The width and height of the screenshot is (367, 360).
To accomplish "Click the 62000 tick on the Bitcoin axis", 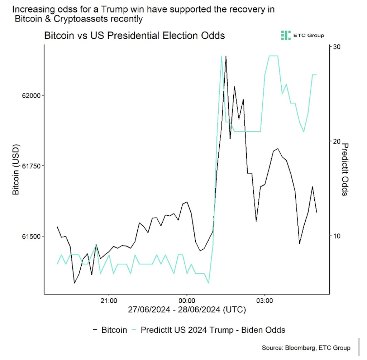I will pos(31,95).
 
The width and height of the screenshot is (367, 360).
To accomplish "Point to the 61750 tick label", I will pos(31,166).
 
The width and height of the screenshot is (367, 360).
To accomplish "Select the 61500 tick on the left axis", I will pos(31,236).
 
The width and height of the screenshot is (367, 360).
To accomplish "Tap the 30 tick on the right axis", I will pos(337,47).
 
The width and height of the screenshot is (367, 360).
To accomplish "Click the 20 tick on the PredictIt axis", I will pos(337,141).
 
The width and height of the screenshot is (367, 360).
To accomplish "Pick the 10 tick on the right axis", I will pos(337,236).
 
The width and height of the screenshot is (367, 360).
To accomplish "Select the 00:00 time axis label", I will pos(186,300).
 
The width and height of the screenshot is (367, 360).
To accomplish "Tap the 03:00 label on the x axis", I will pos(264,300).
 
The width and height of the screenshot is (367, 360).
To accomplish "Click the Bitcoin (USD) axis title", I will pos(15,169).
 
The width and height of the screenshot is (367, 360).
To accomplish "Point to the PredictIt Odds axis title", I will pos(345,169).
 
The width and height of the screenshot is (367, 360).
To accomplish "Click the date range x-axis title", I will pos(186,310).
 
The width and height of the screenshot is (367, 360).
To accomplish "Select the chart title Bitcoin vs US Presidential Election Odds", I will pos(134,36).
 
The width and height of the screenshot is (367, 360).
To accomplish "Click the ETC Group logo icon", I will pos(286,35).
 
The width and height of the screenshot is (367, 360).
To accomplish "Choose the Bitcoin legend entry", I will pos(110,330).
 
